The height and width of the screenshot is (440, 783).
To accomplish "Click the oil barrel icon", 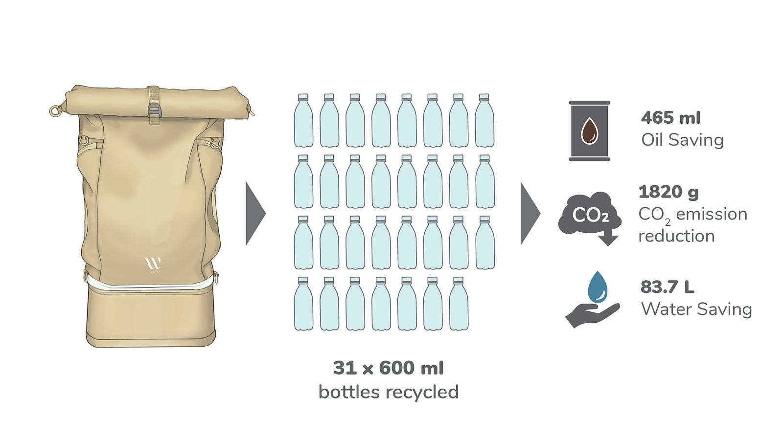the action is pos(589,131).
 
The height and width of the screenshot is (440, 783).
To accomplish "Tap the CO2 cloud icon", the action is pos(590,217).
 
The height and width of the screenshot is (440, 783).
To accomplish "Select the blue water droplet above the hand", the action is pos(598,286).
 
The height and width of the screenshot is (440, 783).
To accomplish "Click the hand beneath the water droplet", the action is pos(593,315).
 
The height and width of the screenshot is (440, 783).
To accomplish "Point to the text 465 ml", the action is pos(671,118).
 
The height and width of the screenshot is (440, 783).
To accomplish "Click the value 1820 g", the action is pos(668,193).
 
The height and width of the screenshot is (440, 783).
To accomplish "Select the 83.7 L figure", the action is pos(668,287).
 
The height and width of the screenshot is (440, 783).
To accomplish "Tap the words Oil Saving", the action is pos(682,140).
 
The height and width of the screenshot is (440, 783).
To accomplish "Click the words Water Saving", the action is pos(696,309).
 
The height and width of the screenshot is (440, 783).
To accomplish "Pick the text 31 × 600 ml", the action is pos(389,368).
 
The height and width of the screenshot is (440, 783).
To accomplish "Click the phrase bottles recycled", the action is pos(389,392).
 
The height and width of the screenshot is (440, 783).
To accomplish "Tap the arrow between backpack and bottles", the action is pos(255,214).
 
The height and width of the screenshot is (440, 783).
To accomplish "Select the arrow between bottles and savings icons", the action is pos(530,214).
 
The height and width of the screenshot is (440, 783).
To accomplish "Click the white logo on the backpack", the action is pos(153,264).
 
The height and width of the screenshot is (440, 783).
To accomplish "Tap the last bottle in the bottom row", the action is pos(459,304).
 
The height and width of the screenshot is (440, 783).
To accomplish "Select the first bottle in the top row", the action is pos(303,120).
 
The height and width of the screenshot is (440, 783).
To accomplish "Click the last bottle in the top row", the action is pos(484,120).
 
